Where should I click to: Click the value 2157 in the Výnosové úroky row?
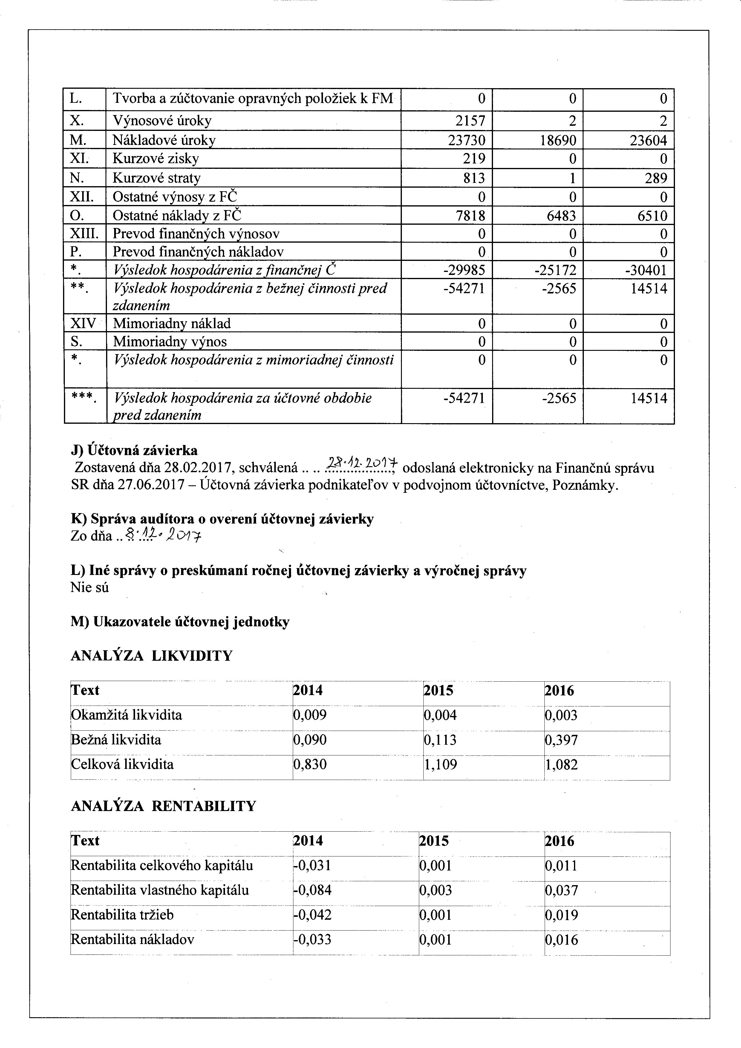[x=470, y=121]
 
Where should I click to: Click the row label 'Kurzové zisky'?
[x=156, y=159]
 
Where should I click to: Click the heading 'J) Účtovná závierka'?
[x=134, y=451]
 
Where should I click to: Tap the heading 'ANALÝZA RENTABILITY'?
[x=163, y=806]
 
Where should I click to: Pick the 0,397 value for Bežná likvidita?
[x=561, y=739]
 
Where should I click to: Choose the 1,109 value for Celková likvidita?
[x=440, y=764]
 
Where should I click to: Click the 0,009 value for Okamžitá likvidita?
[x=310, y=715]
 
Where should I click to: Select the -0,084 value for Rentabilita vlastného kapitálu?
[x=312, y=890]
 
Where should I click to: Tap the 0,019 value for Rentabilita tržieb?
[x=561, y=915]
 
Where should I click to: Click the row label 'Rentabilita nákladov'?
[x=133, y=939]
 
